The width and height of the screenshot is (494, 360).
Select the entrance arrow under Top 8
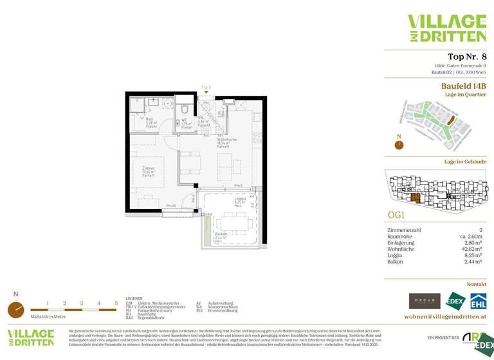(x=206, y=91)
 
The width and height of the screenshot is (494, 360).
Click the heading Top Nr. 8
(x=466, y=57)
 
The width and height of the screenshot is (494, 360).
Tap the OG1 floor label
(x=396, y=215)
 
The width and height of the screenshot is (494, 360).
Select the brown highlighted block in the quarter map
(x=451, y=120)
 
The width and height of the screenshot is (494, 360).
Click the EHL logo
(x=477, y=301)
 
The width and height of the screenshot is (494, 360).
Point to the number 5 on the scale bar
(x=116, y=302)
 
